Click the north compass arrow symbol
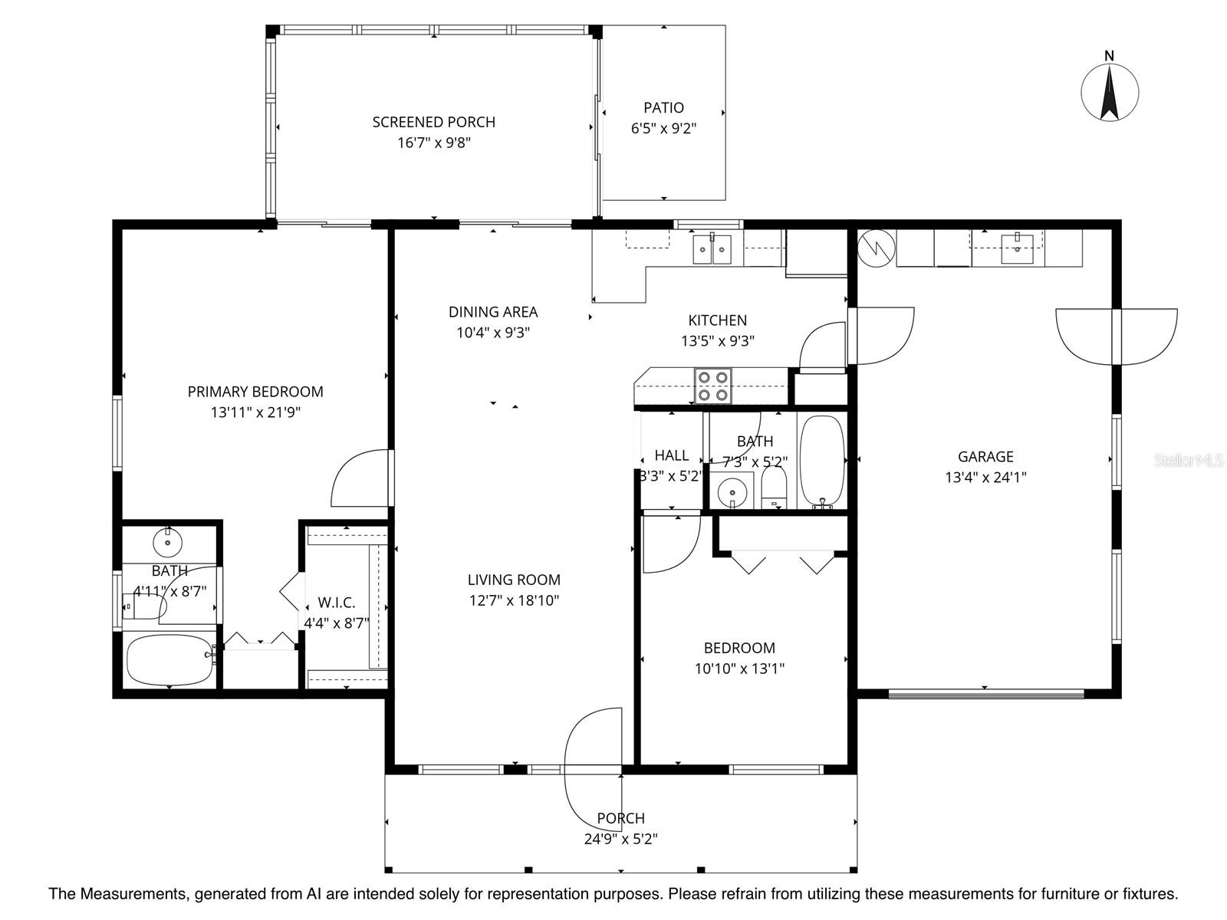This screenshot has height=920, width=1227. tap(1109, 92)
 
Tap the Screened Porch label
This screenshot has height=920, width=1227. tap(434, 122)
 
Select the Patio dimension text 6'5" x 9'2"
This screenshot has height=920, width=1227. tap(663, 129)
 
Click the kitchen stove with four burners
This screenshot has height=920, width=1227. tap(712, 386)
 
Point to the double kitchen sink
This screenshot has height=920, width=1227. tap(712, 249)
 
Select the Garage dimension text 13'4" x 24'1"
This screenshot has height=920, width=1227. tap(985, 478)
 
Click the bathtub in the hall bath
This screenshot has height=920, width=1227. tap(822, 460)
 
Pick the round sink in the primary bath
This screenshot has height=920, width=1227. tap(167, 543)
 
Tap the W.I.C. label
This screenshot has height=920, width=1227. tap(337, 603)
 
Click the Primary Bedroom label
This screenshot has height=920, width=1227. tap(255, 392)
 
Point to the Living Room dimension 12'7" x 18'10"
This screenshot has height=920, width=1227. tap(514, 600)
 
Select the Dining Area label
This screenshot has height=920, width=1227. tap(493, 312)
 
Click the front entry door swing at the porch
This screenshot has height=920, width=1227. tap(592, 759)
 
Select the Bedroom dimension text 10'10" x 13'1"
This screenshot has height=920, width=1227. tap(739, 669)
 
